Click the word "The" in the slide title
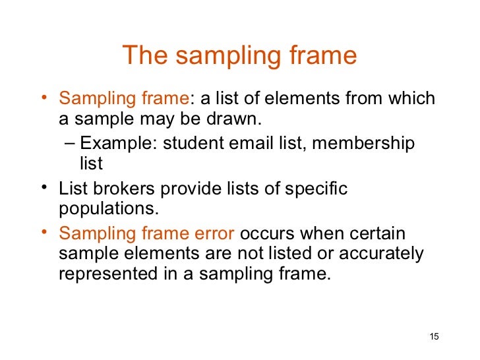(x=144, y=55)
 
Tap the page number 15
(x=433, y=337)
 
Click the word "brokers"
(x=117, y=189)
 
